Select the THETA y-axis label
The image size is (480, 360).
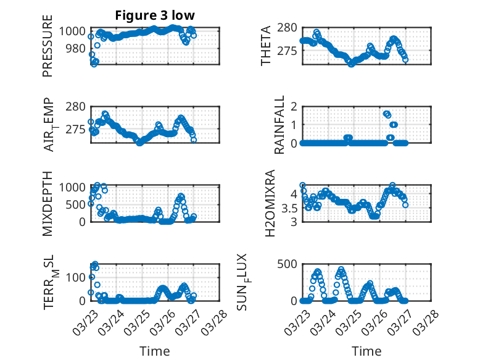[266, 46]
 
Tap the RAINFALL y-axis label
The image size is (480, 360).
[279, 125]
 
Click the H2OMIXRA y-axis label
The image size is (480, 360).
[269, 204]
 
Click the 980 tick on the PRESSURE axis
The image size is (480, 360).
[75, 48]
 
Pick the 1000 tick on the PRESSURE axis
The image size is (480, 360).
[72, 31]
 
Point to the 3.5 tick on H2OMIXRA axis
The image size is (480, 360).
[289, 207]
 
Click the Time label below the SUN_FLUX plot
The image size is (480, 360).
[366, 351]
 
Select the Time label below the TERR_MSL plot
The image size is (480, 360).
[155, 351]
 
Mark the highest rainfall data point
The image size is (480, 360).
[386, 114]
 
